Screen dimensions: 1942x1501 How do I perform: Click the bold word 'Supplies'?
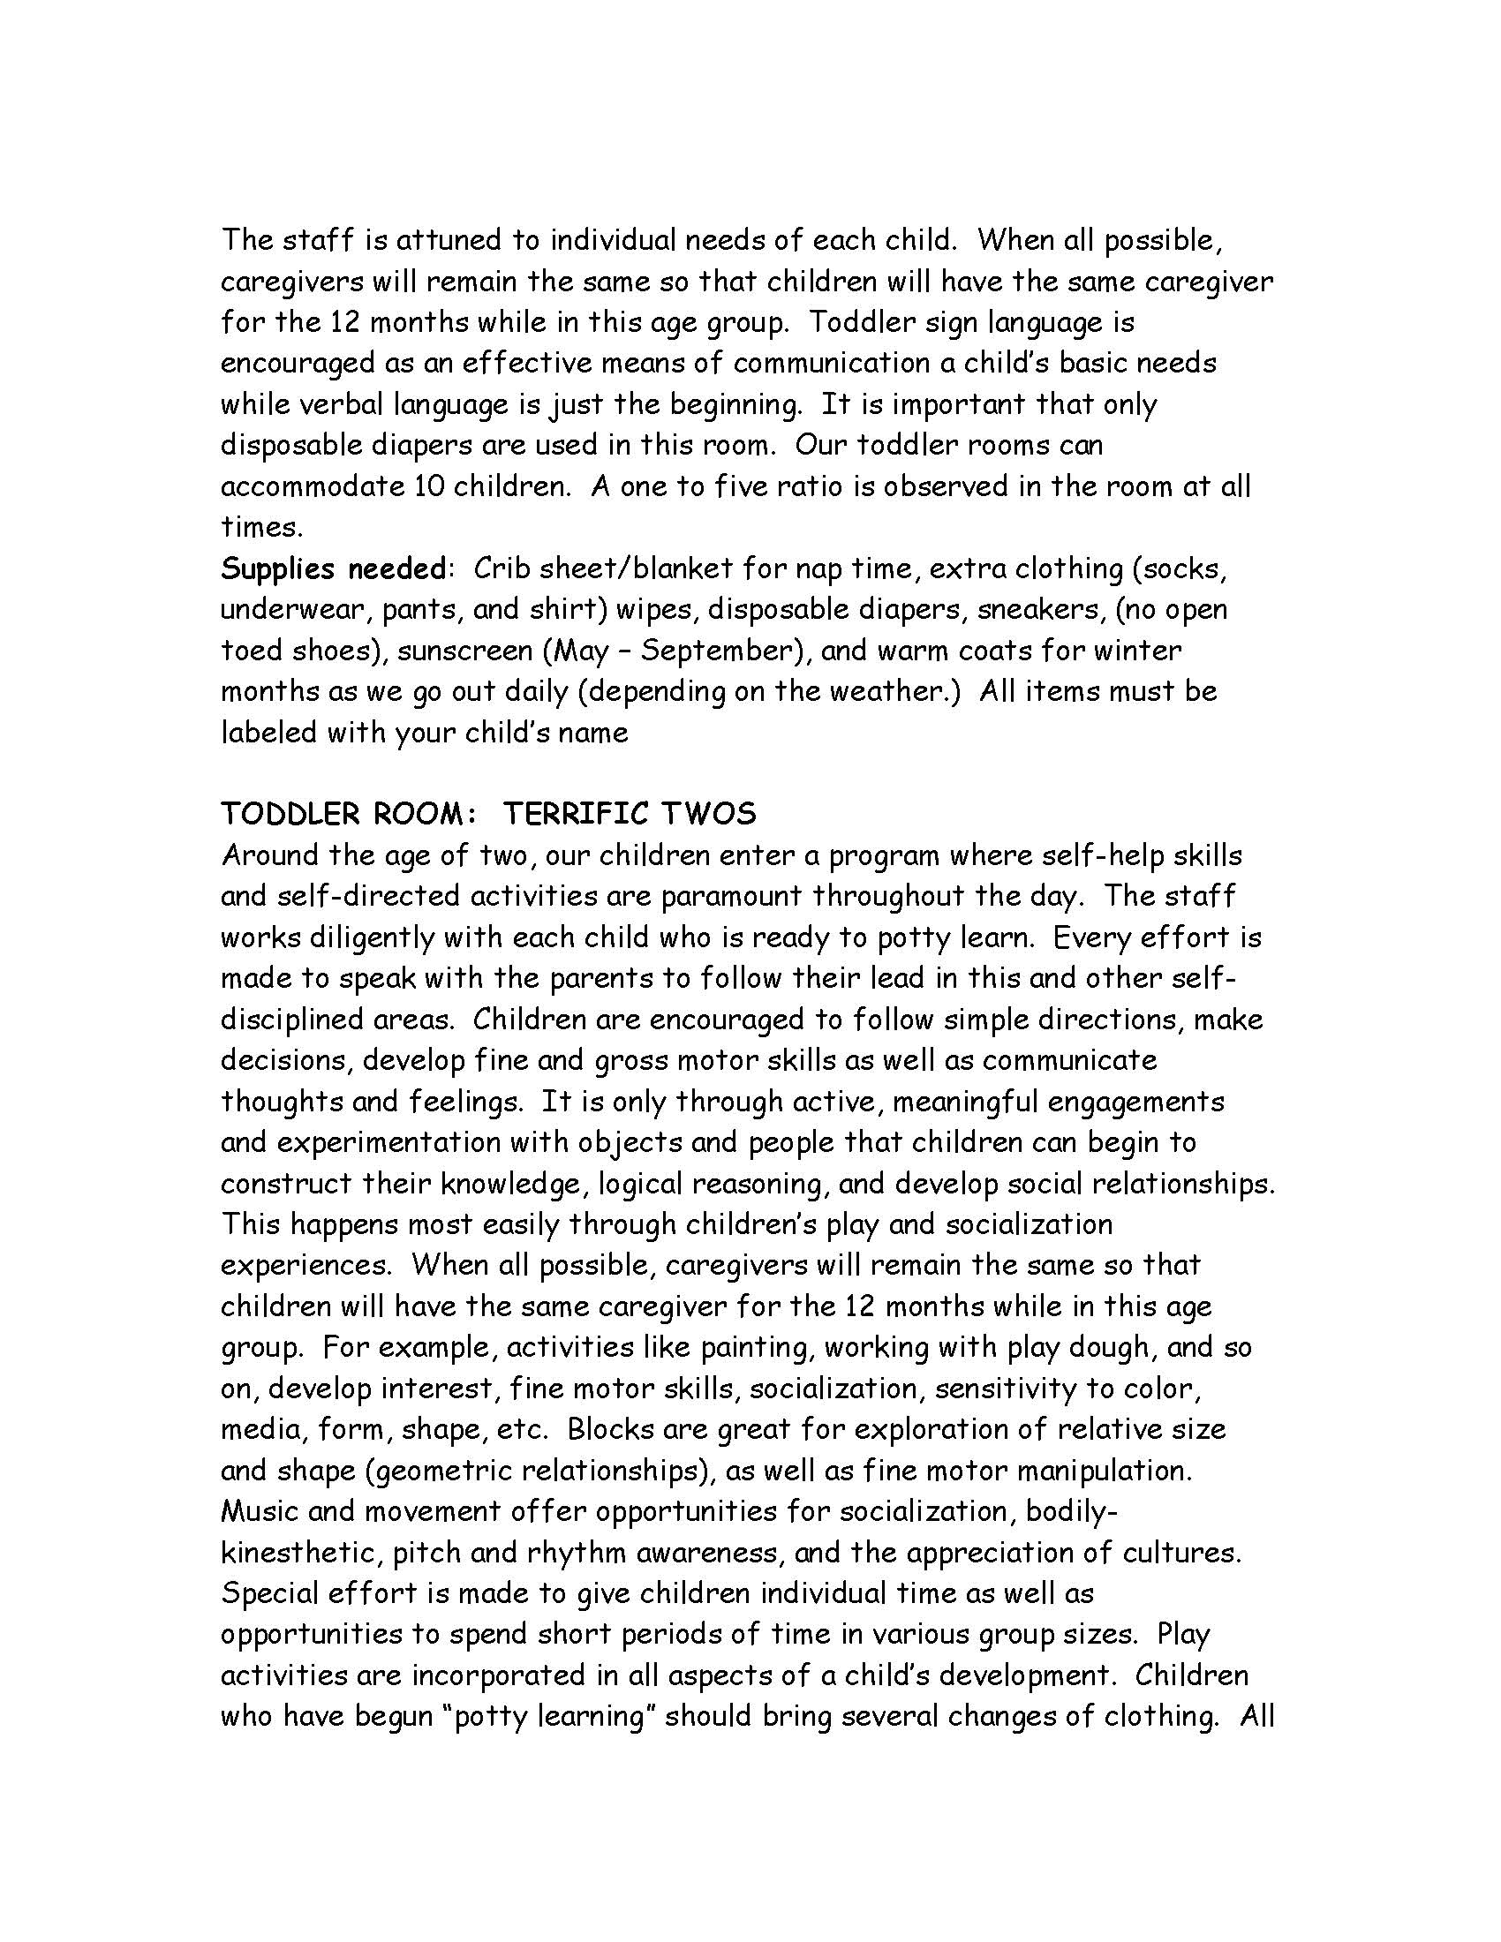(277, 568)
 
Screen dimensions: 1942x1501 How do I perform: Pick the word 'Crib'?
(502, 568)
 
